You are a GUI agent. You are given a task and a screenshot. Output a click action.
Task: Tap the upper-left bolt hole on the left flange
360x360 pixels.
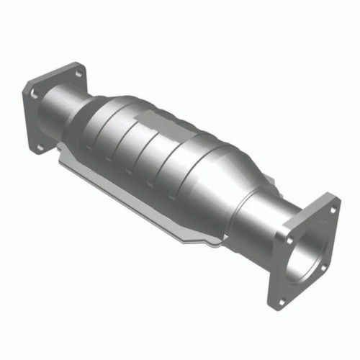(35, 92)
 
